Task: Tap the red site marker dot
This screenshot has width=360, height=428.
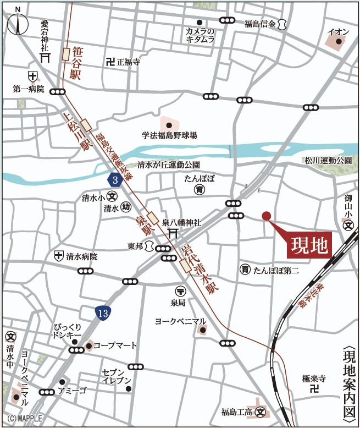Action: (x=267, y=216)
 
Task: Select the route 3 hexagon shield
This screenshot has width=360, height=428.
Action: (x=114, y=180)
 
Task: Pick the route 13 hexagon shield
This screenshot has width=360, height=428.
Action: (x=103, y=314)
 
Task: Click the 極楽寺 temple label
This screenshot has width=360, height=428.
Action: (x=314, y=378)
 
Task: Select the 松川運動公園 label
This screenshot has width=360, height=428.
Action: (x=328, y=161)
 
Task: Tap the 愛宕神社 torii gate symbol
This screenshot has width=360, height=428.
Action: (x=45, y=57)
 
